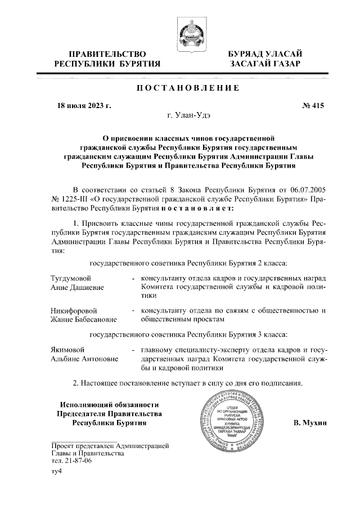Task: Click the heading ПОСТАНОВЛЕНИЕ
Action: (x=180, y=88)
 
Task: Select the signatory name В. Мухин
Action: (x=310, y=422)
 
